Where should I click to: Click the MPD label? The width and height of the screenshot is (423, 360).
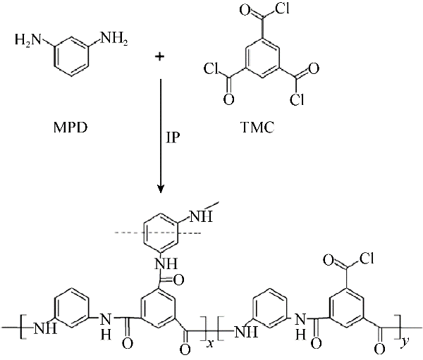pos(70,128)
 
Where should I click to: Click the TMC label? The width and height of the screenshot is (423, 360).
pos(257,128)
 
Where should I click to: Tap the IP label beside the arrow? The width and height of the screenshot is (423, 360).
pos(173,137)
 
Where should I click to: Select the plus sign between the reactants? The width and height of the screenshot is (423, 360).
pos(160,56)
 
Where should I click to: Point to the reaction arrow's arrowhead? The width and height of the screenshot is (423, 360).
pos(161,190)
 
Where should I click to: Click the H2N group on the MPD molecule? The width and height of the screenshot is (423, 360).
pos(28,40)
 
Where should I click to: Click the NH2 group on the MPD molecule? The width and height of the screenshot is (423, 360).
pos(114,39)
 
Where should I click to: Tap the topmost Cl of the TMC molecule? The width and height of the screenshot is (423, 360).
pos(282,8)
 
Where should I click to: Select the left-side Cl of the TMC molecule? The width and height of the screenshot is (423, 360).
pos(211,68)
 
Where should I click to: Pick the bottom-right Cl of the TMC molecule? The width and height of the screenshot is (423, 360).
pos(297,99)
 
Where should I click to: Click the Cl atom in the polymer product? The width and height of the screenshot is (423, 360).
pos(366,258)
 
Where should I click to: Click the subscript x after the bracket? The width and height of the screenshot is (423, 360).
pos(209,343)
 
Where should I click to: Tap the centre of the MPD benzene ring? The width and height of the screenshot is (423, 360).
pos(71,56)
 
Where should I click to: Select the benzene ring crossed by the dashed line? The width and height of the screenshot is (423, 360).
pos(161,233)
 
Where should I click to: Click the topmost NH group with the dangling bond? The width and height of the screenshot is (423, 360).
pos(202,216)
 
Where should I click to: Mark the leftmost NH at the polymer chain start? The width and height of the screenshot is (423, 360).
pos(45,328)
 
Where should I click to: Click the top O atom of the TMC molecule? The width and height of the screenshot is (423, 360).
pos(245,11)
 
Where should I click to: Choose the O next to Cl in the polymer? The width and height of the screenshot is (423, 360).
pos(329,260)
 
